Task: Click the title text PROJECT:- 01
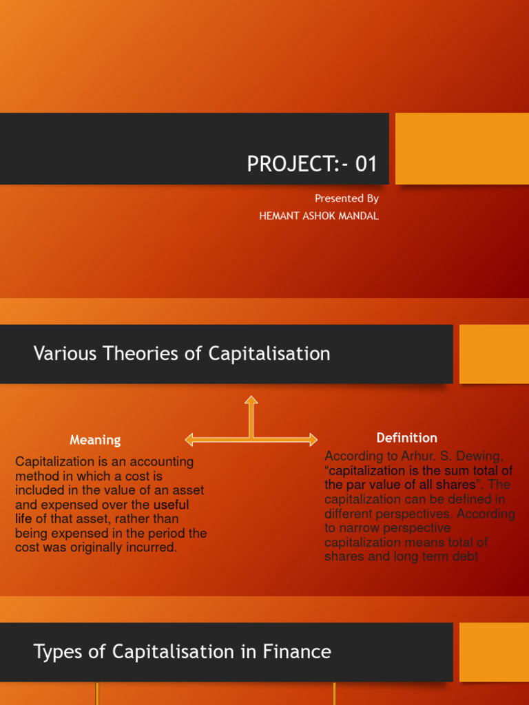pyautogui.click(x=312, y=165)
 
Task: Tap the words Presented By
pyautogui.click(x=346, y=198)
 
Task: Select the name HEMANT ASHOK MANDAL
pyautogui.click(x=318, y=215)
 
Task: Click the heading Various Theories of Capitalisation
pyautogui.click(x=182, y=354)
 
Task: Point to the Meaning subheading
pyautogui.click(x=95, y=440)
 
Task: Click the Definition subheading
pyautogui.click(x=406, y=438)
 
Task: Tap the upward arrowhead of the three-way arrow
pyautogui.click(x=251, y=400)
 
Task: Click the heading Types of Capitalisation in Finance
pyautogui.click(x=182, y=651)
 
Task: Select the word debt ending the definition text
pyautogui.click(x=465, y=556)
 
